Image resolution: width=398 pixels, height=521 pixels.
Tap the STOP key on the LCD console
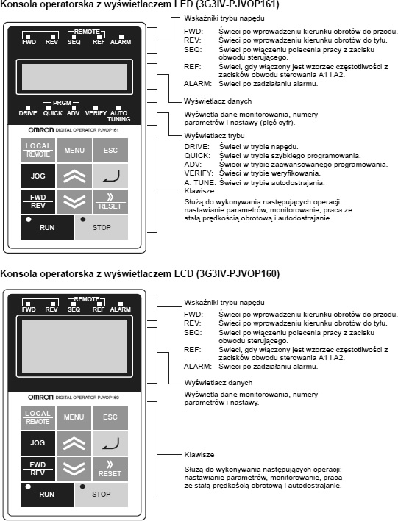(102, 495)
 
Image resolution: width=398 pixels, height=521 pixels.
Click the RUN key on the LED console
(47, 227)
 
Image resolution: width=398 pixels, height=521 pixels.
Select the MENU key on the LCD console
(74, 417)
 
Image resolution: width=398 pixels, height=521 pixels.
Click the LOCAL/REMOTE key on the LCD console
(38, 417)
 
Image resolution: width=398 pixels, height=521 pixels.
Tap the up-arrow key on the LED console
(74, 176)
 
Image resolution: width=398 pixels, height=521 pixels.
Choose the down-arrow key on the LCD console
(74, 469)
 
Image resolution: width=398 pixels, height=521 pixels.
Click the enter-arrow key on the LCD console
(110, 443)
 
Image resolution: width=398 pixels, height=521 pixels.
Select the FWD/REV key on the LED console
(38, 201)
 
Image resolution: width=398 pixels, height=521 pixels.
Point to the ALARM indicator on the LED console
(121, 40)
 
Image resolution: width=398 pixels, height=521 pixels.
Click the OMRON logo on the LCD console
(40, 397)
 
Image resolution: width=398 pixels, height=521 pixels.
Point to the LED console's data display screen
(74, 76)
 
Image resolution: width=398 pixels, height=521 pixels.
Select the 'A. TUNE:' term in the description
(200, 182)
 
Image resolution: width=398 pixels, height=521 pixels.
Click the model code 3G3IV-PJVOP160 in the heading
(238, 274)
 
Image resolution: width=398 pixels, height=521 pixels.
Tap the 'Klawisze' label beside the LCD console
(199, 455)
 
